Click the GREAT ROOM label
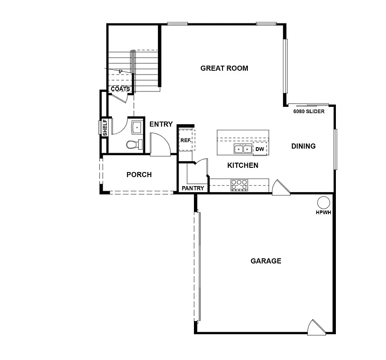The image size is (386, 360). [x=224, y=68]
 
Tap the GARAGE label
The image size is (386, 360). [x=266, y=261]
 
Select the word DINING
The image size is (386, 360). [x=303, y=146]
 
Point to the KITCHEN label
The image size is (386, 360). [x=243, y=165]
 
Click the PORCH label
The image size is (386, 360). [x=139, y=174]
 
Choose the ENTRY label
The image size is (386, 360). [x=161, y=124]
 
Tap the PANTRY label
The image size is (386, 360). [x=193, y=188]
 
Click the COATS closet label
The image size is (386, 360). [x=120, y=89]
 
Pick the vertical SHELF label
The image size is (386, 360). [x=105, y=127]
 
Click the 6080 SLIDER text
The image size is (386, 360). [x=309, y=112]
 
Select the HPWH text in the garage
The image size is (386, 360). [x=323, y=212]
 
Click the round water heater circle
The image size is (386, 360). [x=323, y=202]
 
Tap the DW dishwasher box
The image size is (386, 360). [x=260, y=149]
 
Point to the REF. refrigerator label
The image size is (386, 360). [x=186, y=140]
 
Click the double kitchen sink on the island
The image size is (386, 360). [x=243, y=149]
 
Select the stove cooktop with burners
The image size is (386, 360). [x=239, y=185]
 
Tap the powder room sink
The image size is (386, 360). [x=137, y=127]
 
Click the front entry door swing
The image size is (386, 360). [x=158, y=144]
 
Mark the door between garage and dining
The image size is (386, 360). [x=281, y=187]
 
